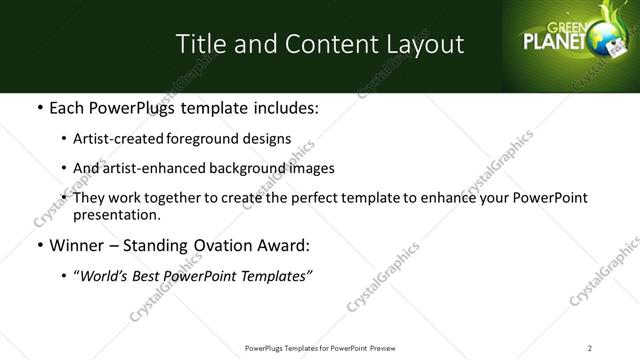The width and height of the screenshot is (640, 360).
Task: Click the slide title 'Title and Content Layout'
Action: pos(319,44)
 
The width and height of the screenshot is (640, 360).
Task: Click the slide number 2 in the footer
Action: pos(590,347)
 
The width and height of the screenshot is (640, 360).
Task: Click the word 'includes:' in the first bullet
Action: pos(283,107)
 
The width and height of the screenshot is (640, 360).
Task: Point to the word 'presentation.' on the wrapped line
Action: pos(116,214)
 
